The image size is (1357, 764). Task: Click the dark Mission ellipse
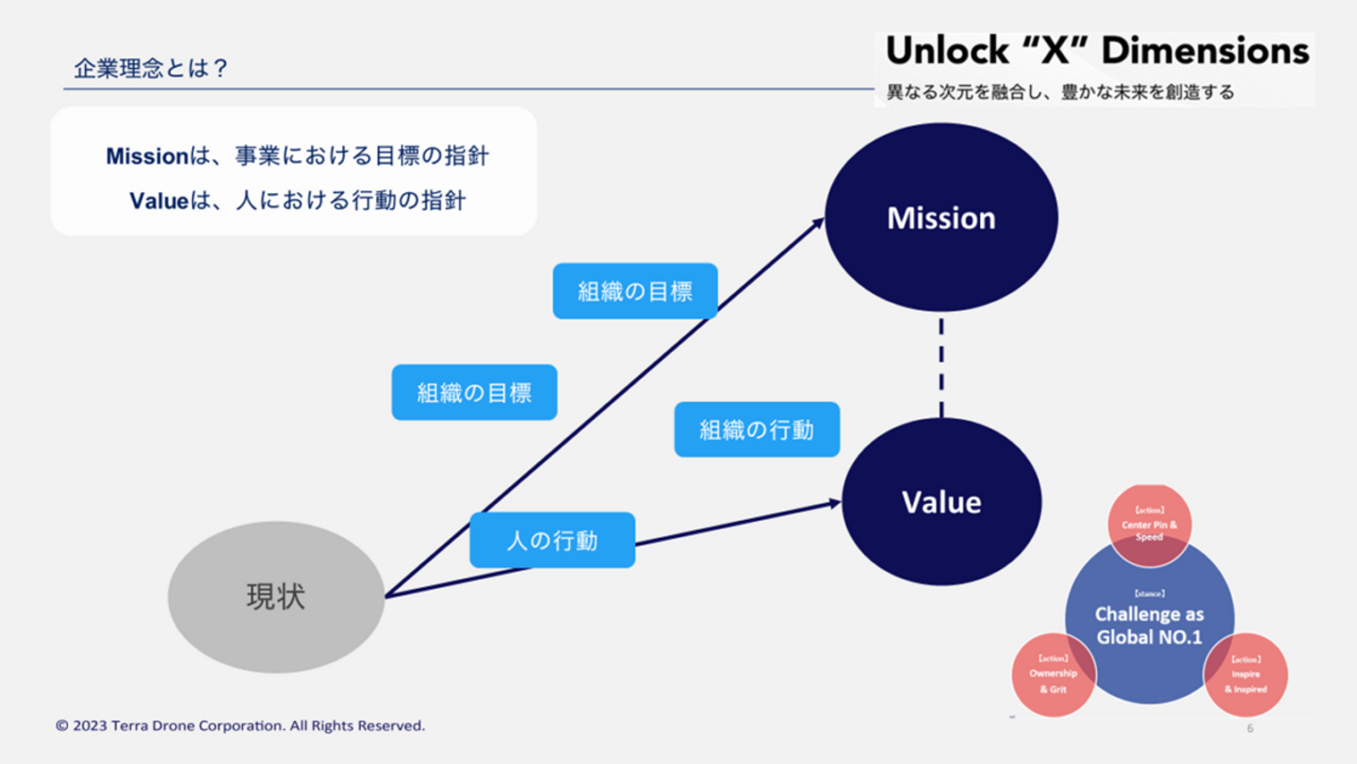pyautogui.click(x=940, y=219)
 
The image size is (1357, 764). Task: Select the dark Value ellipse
pyautogui.click(x=940, y=502)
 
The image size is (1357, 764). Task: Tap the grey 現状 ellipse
pyautogui.click(x=276, y=597)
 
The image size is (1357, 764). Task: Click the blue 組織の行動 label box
pyautogui.click(x=757, y=430)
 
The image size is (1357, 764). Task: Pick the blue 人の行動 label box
pyautogui.click(x=552, y=540)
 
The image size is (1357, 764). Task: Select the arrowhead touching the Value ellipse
pyautogui.click(x=834, y=504)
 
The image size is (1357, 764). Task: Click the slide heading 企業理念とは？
pyautogui.click(x=151, y=69)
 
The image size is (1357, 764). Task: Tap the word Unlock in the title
pyautogui.click(x=943, y=52)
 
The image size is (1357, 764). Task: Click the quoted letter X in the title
pyautogui.click(x=1049, y=52)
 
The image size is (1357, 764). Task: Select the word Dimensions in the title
pyautogui.click(x=1205, y=52)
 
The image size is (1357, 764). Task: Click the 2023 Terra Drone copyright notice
pyautogui.click(x=240, y=725)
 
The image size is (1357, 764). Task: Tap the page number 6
pyautogui.click(x=1250, y=728)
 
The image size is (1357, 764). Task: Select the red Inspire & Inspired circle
pyautogui.click(x=1245, y=676)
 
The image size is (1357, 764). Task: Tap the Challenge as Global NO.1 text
pyautogui.click(x=1149, y=626)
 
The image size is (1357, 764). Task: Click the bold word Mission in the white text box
pyautogui.click(x=147, y=156)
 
